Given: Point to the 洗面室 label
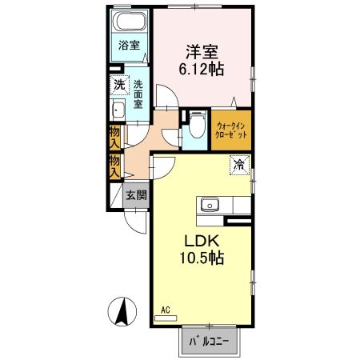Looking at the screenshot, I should pos(138,94).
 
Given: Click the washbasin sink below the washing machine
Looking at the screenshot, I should pos(118,110).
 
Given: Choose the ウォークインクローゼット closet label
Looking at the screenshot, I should pos(231,129).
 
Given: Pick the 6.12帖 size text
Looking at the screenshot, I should pos(201,70).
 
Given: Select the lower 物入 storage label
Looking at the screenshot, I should pos(115,166).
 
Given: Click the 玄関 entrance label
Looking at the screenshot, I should pos(135,195).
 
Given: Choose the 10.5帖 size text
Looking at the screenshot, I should pos(202,259).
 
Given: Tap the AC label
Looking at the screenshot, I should pos(166,309).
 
